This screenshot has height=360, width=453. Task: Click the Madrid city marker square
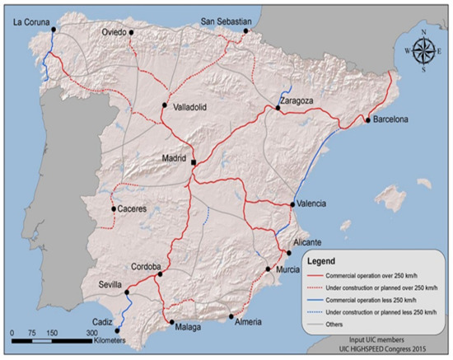(194, 162)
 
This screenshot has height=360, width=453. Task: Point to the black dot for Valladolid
(165, 105)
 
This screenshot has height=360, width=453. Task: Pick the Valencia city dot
(294, 204)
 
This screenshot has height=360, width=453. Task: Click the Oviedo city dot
(133, 33)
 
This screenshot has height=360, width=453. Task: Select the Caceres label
(132, 209)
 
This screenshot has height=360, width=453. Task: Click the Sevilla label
(109, 280)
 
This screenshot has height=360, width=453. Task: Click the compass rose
(423, 50)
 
